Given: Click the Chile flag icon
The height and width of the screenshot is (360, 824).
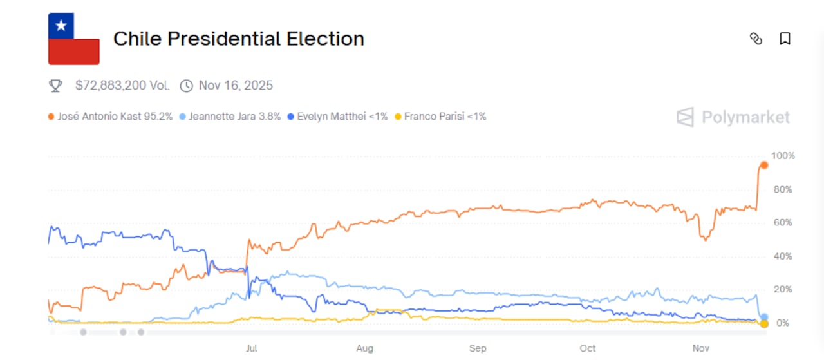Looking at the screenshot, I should point(74,39).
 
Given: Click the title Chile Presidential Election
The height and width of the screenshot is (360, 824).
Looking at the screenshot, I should point(239,39).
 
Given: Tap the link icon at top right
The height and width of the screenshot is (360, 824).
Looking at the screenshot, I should point(756,39).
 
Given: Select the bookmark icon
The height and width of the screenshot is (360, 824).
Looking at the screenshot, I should point(785,39).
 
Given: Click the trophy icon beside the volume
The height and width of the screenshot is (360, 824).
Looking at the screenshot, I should point(56,86).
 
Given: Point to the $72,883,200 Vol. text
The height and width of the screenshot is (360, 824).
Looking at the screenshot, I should point(122,86).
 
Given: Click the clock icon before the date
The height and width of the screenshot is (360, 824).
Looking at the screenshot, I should point(186,86).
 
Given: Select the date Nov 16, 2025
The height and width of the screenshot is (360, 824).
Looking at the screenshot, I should point(236,86).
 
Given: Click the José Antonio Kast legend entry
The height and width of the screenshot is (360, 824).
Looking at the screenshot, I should point(110,117).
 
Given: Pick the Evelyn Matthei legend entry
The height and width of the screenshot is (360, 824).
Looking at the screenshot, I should point(337,117).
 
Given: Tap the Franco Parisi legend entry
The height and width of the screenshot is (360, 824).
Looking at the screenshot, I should point(440,117).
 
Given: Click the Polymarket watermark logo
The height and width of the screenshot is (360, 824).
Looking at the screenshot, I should point(733,117).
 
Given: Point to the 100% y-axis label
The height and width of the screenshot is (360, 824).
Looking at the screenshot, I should point(783,156).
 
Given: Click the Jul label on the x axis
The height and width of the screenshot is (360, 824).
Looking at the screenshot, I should point(251,348).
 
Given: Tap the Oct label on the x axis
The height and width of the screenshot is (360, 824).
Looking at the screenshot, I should point(587,348).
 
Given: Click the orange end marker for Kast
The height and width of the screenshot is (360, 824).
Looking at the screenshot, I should point(764,165).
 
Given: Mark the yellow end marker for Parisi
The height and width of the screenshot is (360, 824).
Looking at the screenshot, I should point(764,323).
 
